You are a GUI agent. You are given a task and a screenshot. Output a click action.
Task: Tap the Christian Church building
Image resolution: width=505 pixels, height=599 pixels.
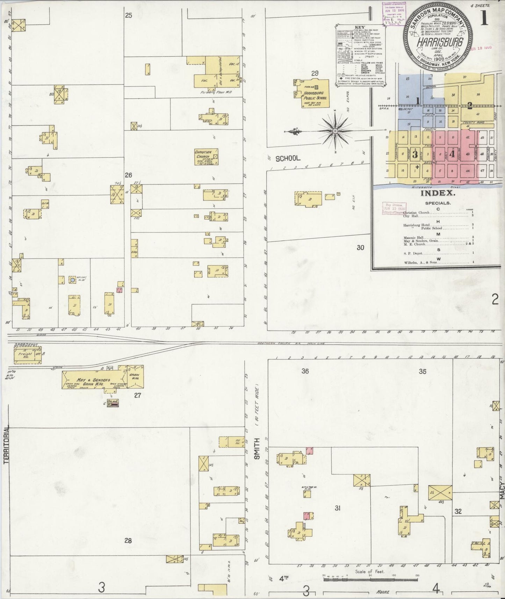pos(207,157)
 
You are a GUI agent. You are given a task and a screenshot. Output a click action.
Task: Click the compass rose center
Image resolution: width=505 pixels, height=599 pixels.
pos(335,131)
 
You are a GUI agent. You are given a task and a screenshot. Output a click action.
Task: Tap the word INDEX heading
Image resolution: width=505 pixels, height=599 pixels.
pos(438,193)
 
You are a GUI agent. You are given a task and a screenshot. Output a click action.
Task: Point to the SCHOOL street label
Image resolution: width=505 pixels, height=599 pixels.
pos(288,158)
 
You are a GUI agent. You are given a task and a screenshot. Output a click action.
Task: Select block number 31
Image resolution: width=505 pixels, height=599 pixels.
pos(337,508)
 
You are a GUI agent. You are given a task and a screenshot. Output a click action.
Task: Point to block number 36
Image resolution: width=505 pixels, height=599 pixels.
pos(305,371)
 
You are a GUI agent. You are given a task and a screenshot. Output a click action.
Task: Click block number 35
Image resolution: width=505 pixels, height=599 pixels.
pos(423,371)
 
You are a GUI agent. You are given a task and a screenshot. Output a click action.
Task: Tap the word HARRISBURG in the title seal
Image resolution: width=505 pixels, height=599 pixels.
pos(440,43)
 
